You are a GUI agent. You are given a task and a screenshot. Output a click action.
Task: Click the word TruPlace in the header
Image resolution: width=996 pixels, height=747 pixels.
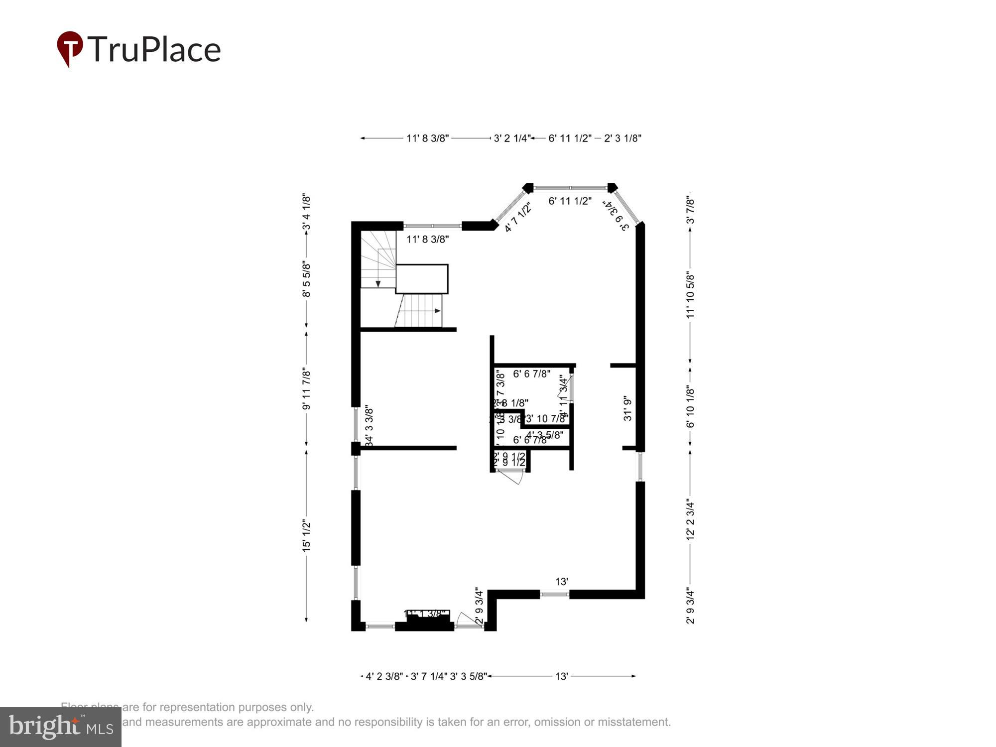pos(154,49)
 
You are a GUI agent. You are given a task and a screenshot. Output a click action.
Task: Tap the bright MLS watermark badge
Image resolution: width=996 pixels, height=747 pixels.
pos(60,727)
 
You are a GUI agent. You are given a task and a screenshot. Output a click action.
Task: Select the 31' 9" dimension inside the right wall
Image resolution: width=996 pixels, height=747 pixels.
pos(627,408)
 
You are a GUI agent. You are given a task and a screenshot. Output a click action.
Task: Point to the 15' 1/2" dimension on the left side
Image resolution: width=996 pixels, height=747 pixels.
pos(306,535)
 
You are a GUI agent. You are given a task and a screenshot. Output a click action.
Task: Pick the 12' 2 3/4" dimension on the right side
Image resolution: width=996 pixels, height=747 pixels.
pos(690,519)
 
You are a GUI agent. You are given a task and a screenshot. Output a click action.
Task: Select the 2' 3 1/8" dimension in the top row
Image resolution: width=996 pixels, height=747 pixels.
pos(622,138)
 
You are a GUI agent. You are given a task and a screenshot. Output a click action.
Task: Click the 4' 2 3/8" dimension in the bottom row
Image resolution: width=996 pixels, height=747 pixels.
pos(384,676)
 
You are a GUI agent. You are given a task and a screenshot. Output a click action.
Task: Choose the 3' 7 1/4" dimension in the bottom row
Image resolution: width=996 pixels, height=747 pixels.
pos(429,676)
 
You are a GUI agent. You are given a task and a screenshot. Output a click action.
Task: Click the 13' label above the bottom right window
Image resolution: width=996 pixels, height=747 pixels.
pos(562,581)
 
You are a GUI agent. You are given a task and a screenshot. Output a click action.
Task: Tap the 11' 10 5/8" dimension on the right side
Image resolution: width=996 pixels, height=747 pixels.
pos(690,295)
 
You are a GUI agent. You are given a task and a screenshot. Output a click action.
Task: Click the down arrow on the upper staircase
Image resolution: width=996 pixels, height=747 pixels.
pos(378,284)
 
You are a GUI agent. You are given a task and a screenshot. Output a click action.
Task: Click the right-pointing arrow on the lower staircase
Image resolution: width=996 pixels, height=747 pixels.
pos(437,311)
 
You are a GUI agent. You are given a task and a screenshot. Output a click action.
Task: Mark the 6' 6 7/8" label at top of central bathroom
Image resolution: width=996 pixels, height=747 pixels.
pos(531,373)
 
